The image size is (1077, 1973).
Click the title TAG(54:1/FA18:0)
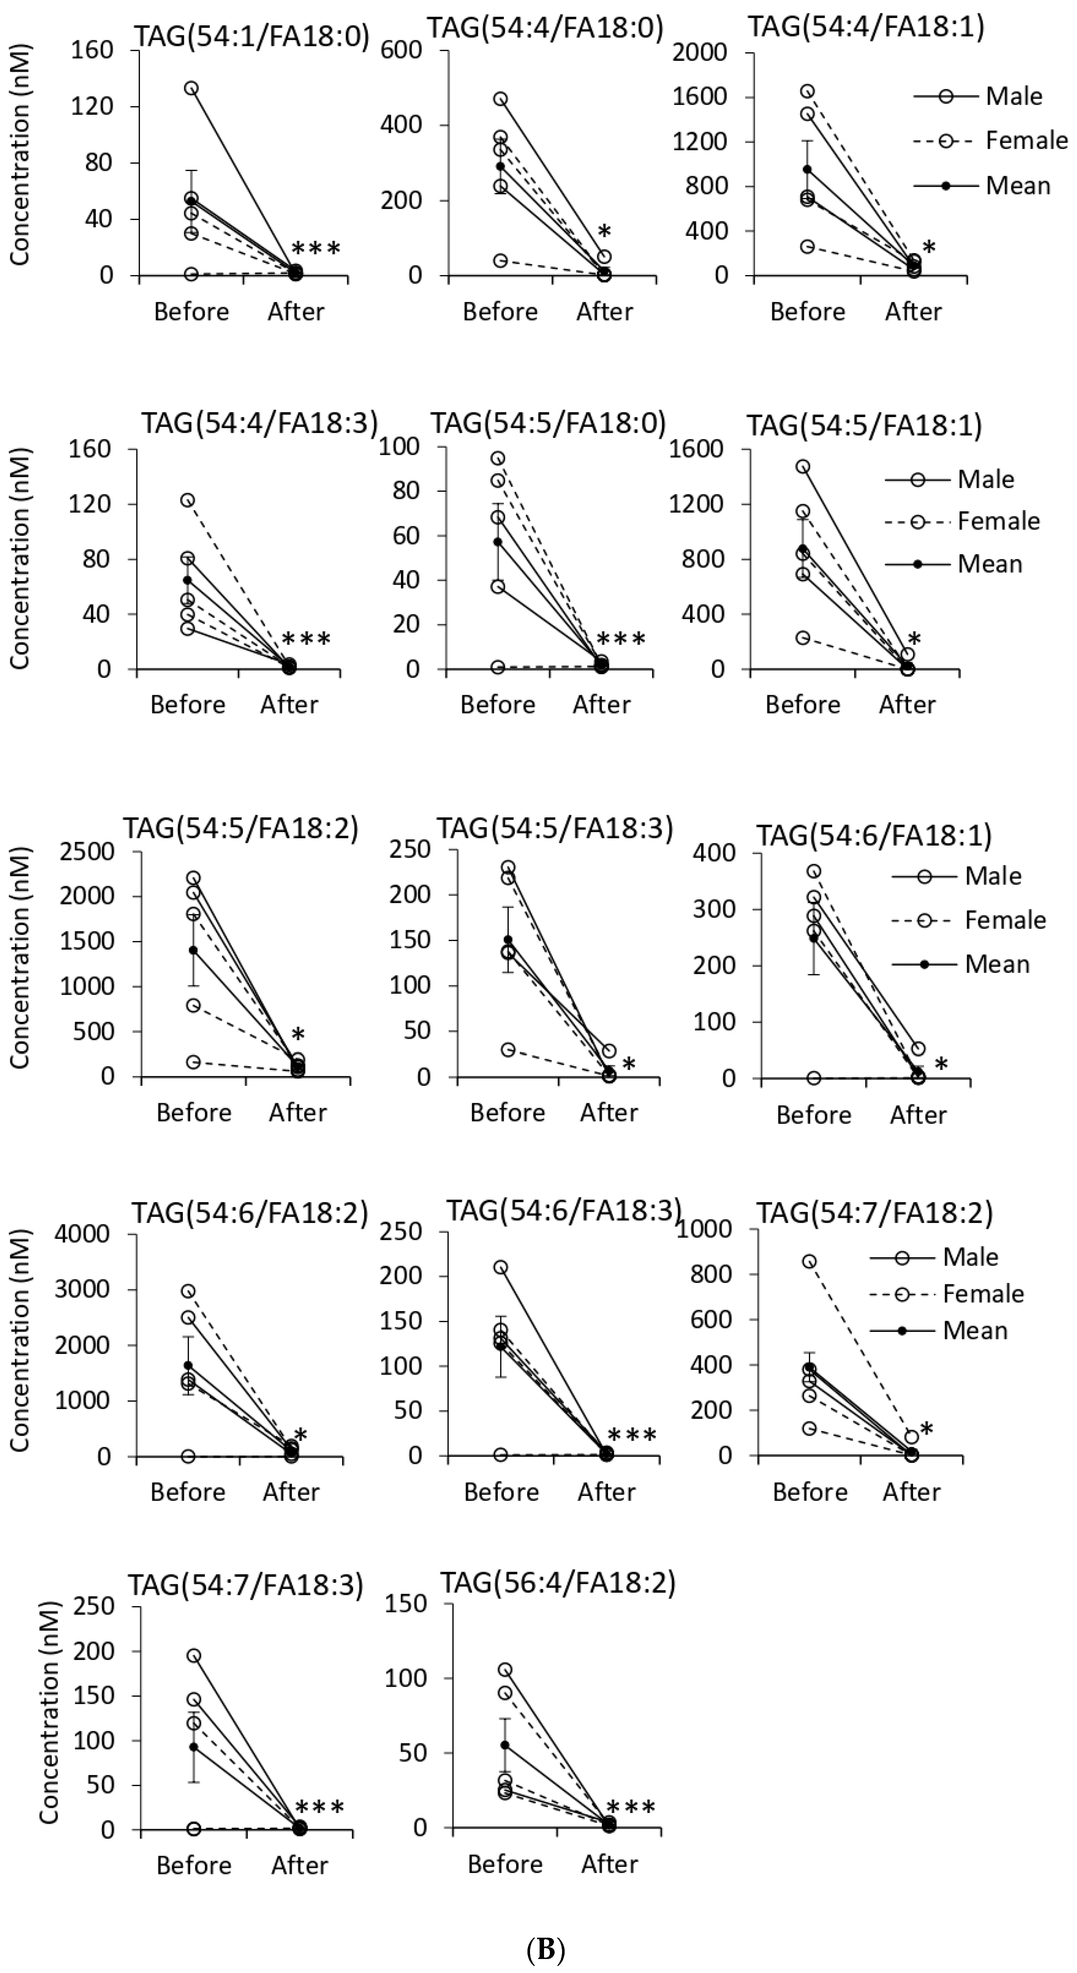pos(252,36)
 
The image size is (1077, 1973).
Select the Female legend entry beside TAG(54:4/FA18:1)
pos(1026,141)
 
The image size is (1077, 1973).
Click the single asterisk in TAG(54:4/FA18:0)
pos(604,231)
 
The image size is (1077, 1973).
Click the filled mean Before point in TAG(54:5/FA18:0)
pos(498,541)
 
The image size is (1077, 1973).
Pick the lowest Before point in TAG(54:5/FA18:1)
pos(802,637)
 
